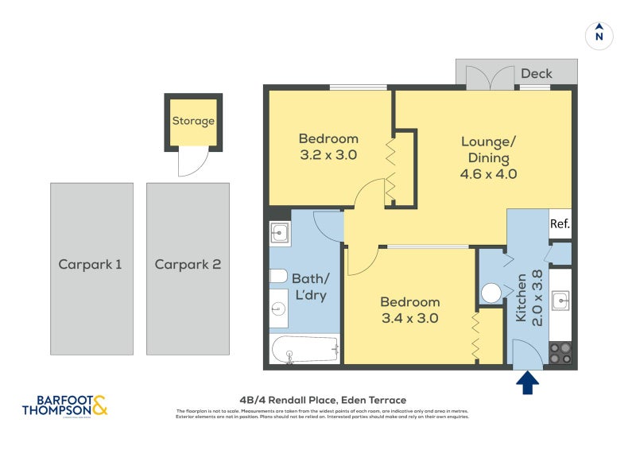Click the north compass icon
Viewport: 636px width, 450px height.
point(599,35)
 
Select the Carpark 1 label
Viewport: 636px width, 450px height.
point(90,264)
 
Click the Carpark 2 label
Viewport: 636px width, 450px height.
point(188,264)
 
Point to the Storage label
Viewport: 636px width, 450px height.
point(193,121)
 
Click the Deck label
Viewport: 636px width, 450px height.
point(536,74)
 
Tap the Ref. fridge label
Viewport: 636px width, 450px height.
point(560,223)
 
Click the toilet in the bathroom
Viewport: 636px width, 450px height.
point(277,276)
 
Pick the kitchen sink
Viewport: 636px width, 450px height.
point(560,301)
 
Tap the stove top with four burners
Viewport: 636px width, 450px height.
point(560,352)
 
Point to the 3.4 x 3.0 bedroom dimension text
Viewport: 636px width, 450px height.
point(409,319)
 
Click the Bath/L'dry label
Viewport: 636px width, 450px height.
point(310,286)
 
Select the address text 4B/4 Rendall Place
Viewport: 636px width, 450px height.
point(323,400)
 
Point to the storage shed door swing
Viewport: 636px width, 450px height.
point(191,164)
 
